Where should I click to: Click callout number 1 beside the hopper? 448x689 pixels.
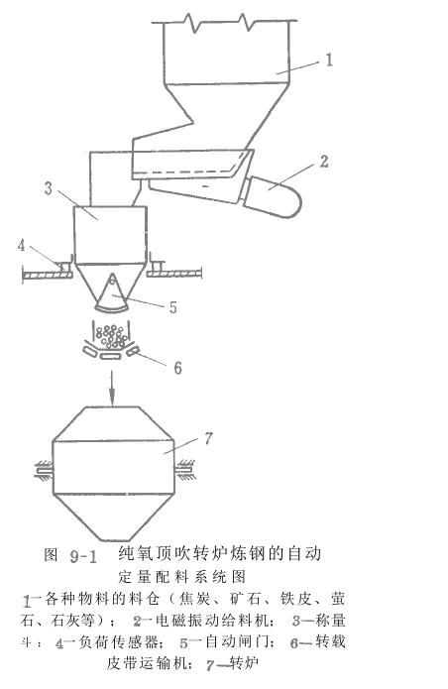pos(328,59)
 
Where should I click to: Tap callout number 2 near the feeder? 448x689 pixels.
pos(324,162)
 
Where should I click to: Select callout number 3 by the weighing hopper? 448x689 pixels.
pos(48,188)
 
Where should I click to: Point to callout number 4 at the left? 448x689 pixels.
pos(22,245)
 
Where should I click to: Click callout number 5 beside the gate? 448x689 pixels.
pos(173,307)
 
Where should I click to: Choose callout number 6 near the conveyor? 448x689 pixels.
pos(177,368)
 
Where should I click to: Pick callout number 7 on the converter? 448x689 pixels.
pos(208,438)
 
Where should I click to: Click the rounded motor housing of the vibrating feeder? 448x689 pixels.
pos(273,197)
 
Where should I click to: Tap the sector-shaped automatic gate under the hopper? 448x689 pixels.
pos(112,294)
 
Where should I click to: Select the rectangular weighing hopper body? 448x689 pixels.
pos(110,235)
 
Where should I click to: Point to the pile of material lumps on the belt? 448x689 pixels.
pos(113,336)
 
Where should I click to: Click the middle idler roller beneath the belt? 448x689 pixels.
pos(110,356)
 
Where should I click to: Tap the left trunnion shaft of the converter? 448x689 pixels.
pos(43,470)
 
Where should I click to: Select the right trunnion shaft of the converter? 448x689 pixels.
pos(184,470)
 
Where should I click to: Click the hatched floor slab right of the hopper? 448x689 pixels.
pos(174,274)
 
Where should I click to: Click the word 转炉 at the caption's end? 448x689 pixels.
pos(244,662)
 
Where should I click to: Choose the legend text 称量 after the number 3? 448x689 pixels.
pos(331,620)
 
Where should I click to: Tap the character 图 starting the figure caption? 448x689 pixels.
pos(51,555)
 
